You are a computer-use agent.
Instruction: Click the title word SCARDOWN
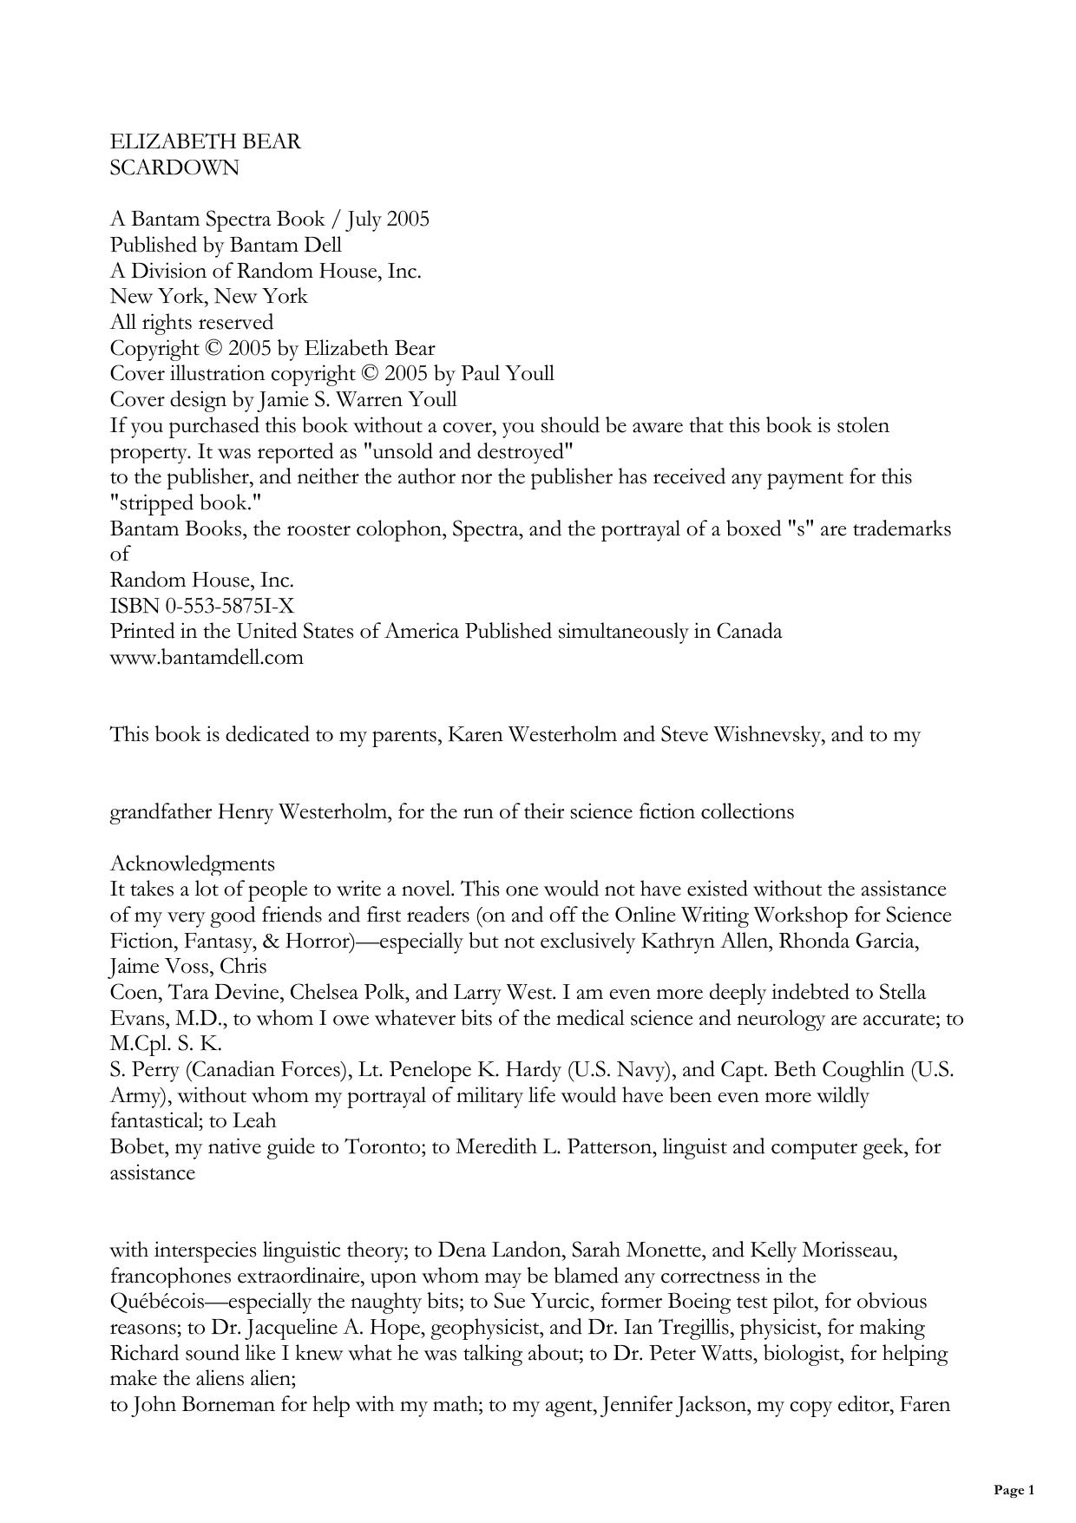(x=174, y=167)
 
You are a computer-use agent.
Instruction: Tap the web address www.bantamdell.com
(x=207, y=657)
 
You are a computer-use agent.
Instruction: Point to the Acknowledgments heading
(x=193, y=863)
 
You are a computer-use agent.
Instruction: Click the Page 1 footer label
(x=1014, y=1491)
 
